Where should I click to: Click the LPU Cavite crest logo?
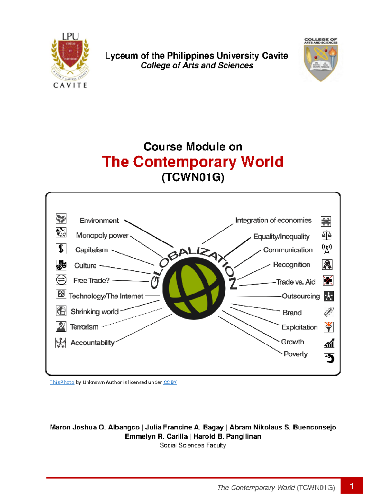pyautogui.click(x=70, y=60)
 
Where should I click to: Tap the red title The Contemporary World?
pyautogui.click(x=193, y=162)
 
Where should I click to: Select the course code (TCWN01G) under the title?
pyautogui.click(x=193, y=177)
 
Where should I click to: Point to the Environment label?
pyautogui.click(x=99, y=221)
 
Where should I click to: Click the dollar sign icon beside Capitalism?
pyautogui.click(x=61, y=249)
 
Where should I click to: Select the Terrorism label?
pyautogui.click(x=84, y=327)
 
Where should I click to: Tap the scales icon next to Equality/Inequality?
pyautogui.click(x=326, y=235)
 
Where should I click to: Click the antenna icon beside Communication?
pyautogui.click(x=327, y=249)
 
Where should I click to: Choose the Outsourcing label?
pyautogui.click(x=301, y=296)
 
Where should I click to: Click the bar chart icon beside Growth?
pyautogui.click(x=329, y=343)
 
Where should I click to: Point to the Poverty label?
pyautogui.click(x=295, y=354)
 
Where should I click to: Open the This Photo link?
pyautogui.click(x=62, y=382)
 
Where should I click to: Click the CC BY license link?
pyautogui.click(x=170, y=382)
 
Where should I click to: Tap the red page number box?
pyautogui.click(x=352, y=486)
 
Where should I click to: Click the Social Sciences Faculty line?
pyautogui.click(x=193, y=445)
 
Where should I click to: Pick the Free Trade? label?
pyautogui.click(x=91, y=281)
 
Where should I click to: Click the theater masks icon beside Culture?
pyautogui.click(x=61, y=265)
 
